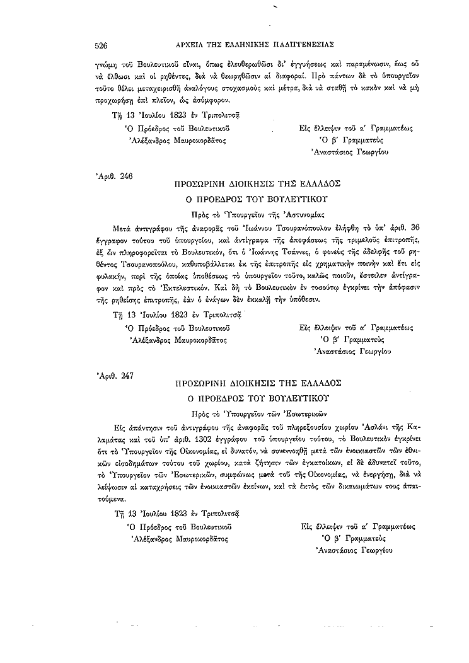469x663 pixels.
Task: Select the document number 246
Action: pyautogui.click(x=125, y=177)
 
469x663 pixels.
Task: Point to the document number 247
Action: pyautogui.click(x=125, y=376)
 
